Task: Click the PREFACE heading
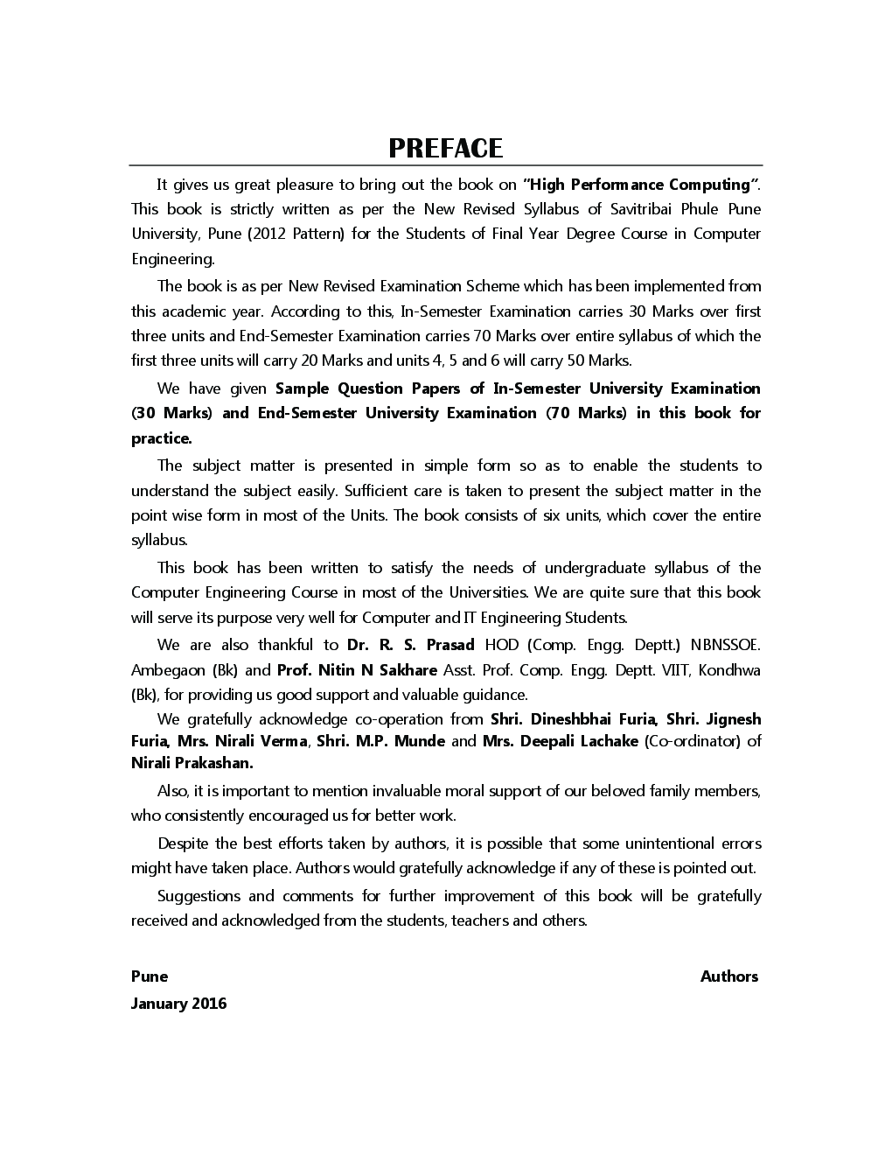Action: click(446, 148)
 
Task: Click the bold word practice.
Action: click(161, 438)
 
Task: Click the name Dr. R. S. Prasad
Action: click(410, 645)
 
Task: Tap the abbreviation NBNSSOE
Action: click(725, 645)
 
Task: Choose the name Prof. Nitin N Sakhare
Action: click(357, 670)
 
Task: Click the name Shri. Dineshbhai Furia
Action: click(574, 719)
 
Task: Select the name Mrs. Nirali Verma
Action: click(242, 741)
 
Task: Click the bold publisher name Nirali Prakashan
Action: click(192, 763)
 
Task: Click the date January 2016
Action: click(178, 1004)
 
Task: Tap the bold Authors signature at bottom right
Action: click(728, 976)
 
